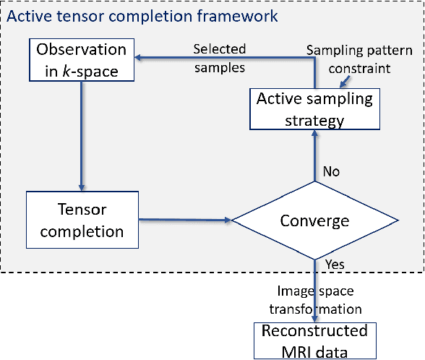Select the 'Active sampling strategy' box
point(312,109)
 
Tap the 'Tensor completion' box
point(82,220)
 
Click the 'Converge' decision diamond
point(314,220)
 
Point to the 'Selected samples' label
point(219,58)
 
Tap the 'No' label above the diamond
point(331,172)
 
